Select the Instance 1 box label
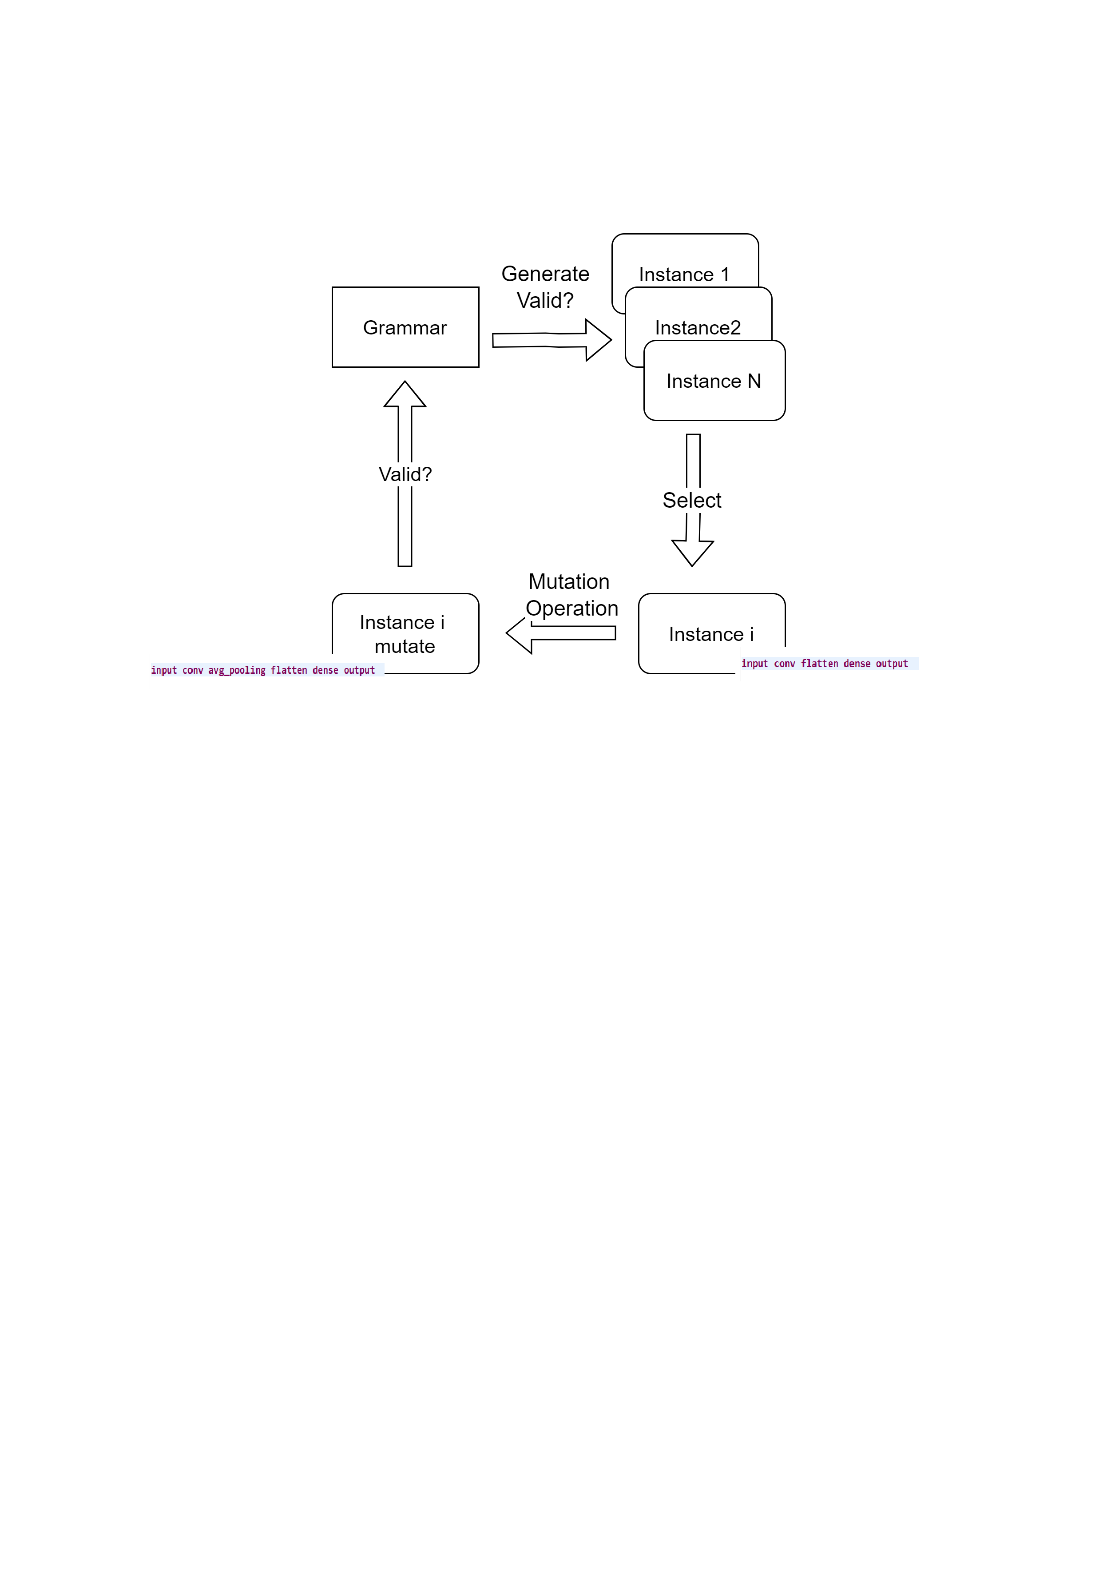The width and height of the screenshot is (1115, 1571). (684, 274)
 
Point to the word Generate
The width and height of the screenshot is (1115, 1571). (545, 274)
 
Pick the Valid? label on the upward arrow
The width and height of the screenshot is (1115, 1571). (405, 474)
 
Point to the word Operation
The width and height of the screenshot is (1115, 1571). (572, 609)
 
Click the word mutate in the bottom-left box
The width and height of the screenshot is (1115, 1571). (405, 647)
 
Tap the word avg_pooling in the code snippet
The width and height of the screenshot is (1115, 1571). (237, 671)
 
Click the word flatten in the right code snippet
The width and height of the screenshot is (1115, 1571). (819, 664)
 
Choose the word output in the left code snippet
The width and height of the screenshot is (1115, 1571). (359, 671)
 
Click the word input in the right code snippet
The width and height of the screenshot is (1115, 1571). (754, 664)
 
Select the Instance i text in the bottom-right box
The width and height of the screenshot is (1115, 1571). (711, 634)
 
